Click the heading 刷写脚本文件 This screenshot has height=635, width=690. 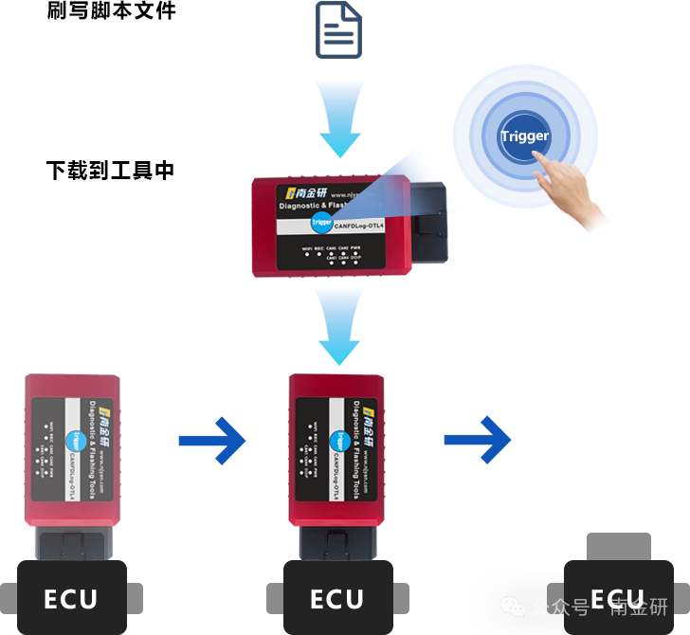coord(111,12)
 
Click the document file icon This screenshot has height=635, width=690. coord(338,30)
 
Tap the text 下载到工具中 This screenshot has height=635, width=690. coord(110,171)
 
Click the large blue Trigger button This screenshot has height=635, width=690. coord(525,136)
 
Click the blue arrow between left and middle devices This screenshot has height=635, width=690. coord(212,440)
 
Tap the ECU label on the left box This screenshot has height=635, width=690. coord(70,599)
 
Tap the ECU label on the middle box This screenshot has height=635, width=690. coord(337,599)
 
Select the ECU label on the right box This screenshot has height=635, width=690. coord(617,599)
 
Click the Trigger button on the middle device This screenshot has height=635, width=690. coord(339,440)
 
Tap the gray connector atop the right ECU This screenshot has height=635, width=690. coord(618,546)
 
